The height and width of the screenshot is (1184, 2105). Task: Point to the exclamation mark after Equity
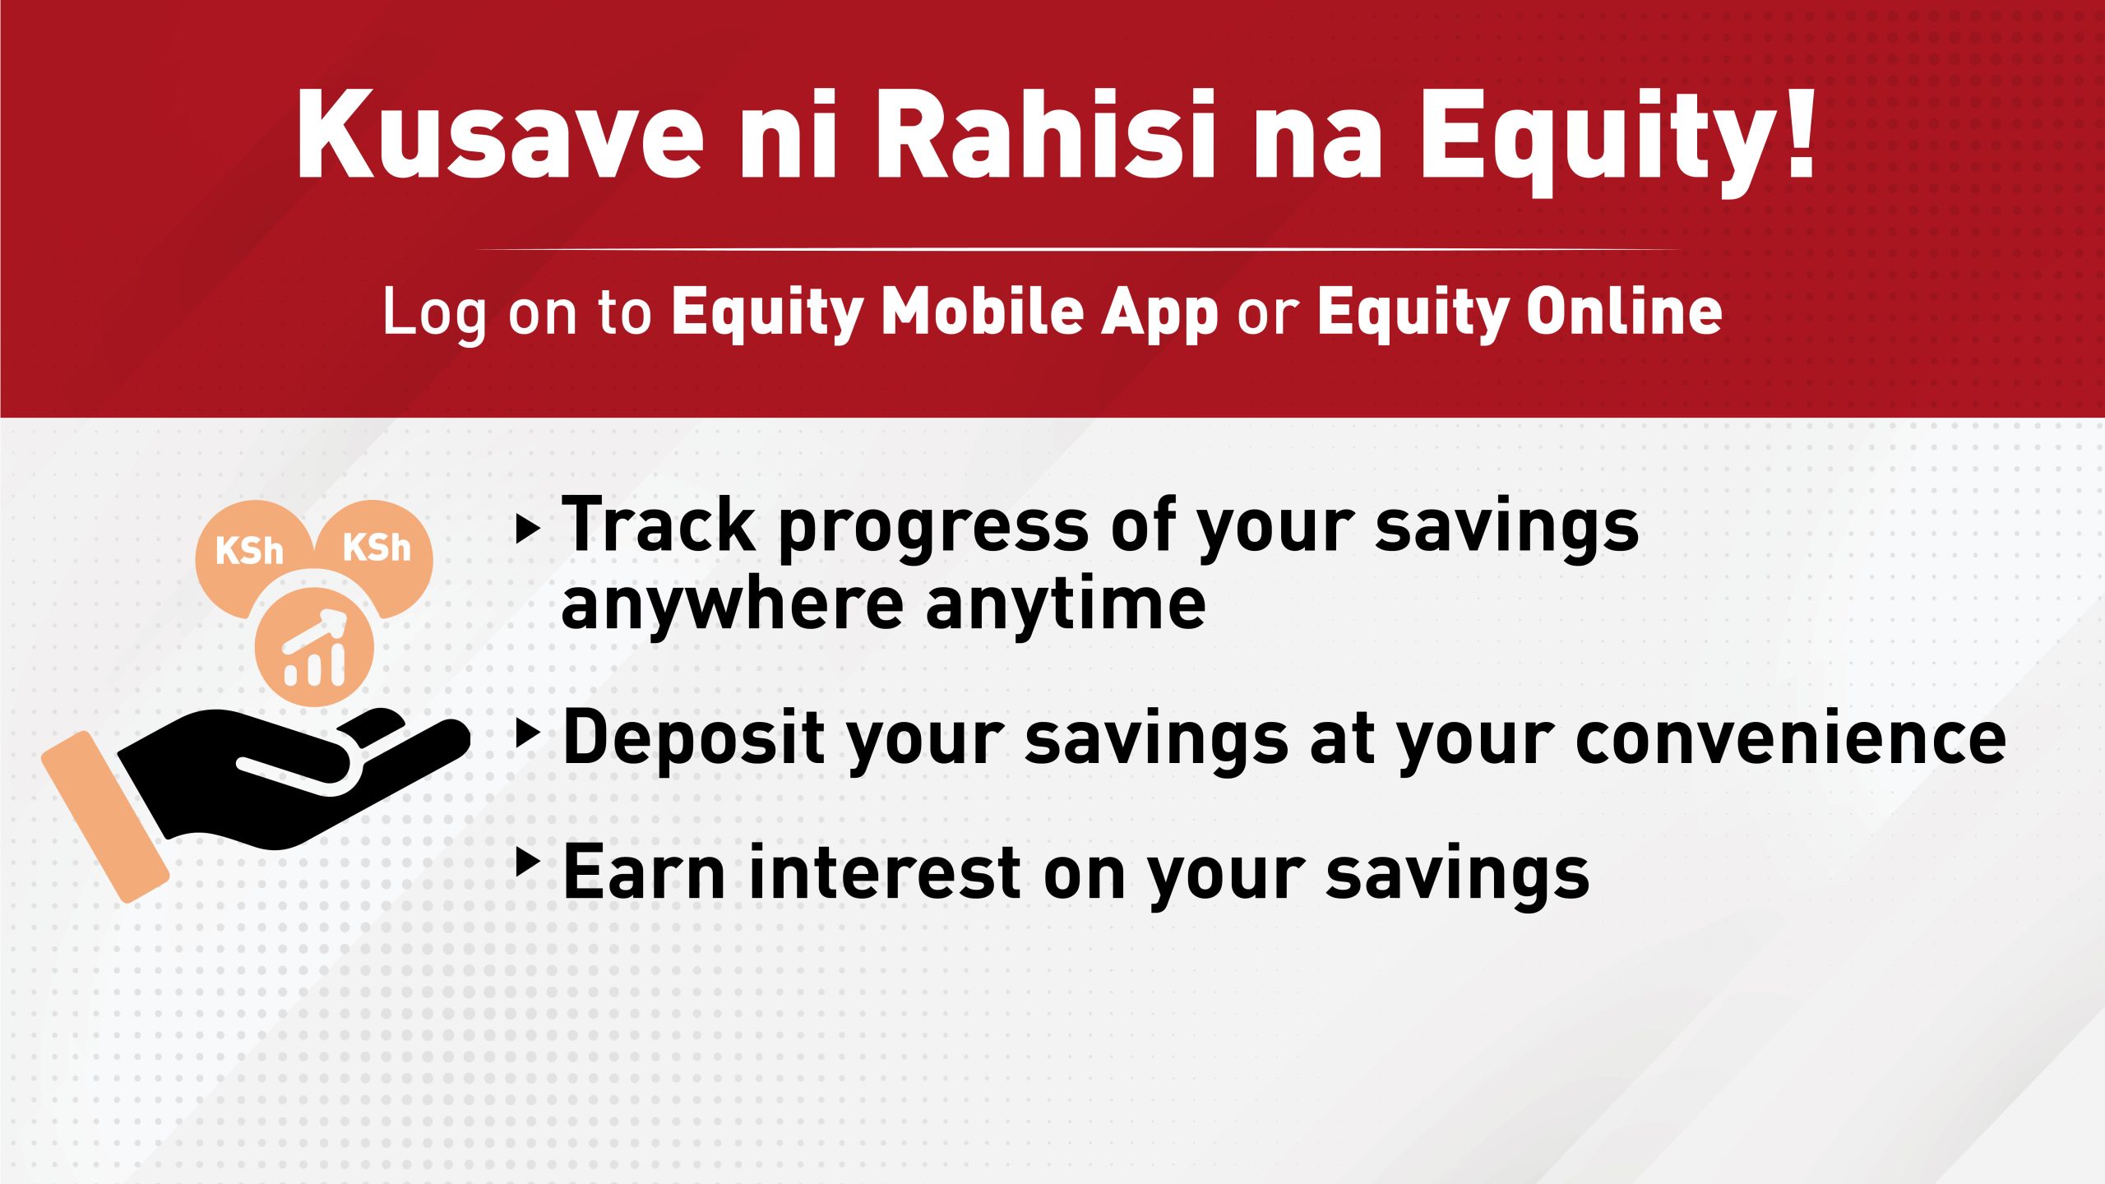click(x=1800, y=129)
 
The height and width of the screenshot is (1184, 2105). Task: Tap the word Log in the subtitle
click(x=435, y=315)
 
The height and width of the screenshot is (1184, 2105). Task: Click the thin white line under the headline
click(x=1077, y=248)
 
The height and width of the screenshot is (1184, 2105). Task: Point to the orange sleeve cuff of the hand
click(x=104, y=817)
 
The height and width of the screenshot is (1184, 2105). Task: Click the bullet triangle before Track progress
click(x=528, y=529)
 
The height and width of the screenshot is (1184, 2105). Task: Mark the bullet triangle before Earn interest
click(x=528, y=862)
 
